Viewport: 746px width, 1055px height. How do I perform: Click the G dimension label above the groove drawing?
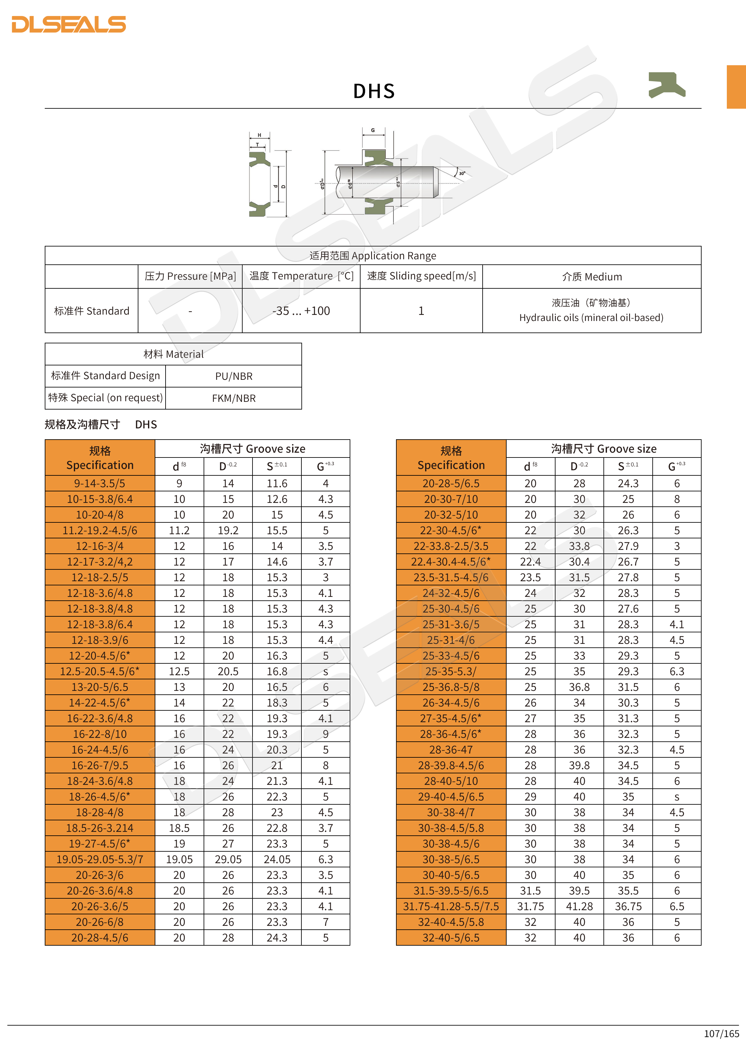[x=373, y=130]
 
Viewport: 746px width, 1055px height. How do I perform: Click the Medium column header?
[x=592, y=277]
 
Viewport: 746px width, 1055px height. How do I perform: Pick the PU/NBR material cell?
[x=234, y=376]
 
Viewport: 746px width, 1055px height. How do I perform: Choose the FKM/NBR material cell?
[x=234, y=398]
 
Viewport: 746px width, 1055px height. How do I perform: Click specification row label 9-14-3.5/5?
[x=100, y=483]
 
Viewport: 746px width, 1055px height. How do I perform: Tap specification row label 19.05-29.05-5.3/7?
[x=100, y=859]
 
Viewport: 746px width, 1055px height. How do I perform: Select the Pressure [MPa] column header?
[x=190, y=276]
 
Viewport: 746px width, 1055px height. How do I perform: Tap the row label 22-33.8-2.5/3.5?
[x=451, y=546]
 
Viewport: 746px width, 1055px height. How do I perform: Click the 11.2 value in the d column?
[x=179, y=530]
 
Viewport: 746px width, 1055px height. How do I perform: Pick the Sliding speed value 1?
[x=421, y=311]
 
